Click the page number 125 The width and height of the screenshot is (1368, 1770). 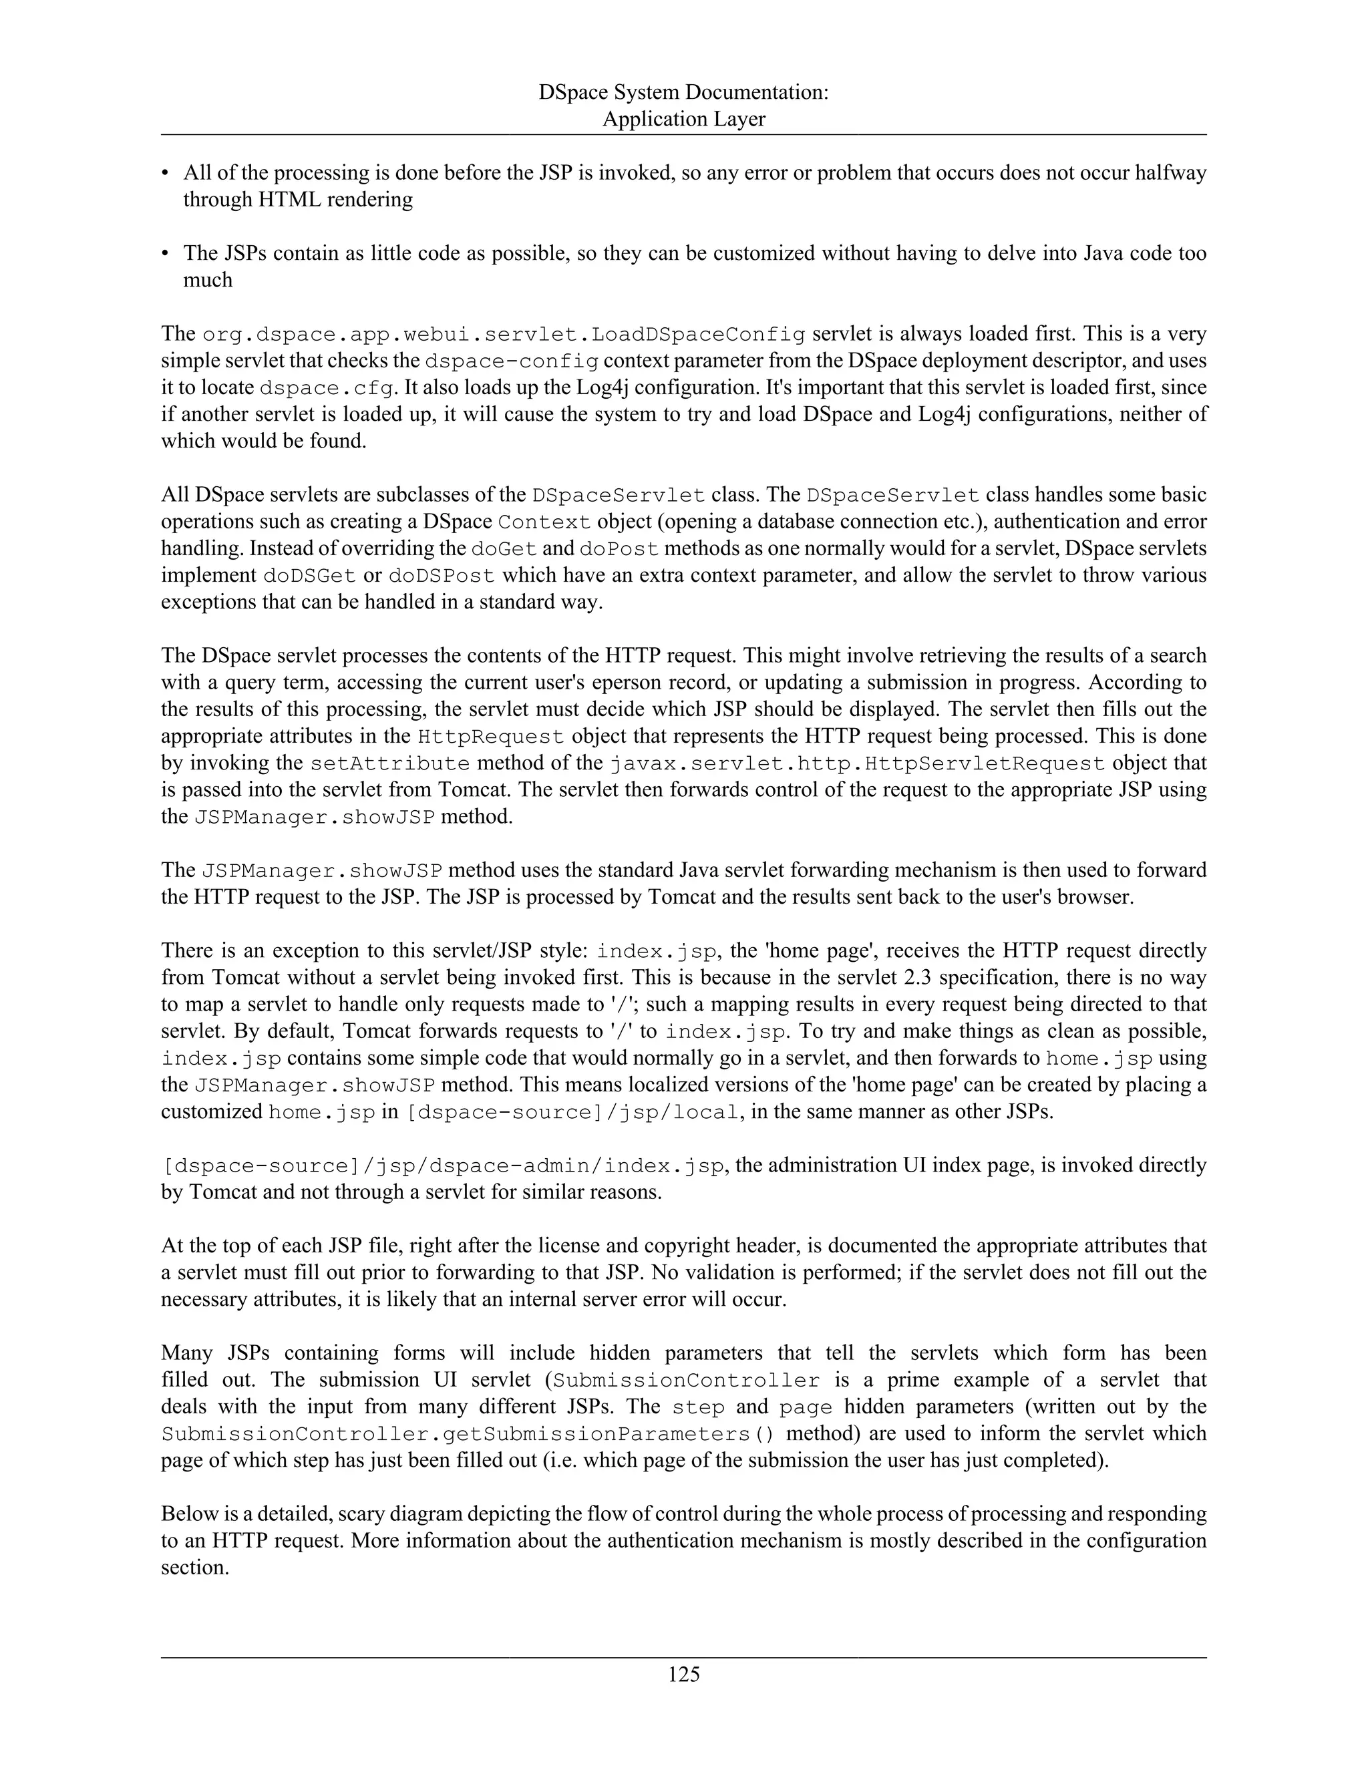click(x=683, y=1674)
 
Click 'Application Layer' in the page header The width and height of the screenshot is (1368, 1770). click(x=683, y=119)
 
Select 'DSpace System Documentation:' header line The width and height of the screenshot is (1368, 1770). click(x=683, y=92)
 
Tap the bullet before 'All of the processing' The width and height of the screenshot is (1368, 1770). click(x=166, y=174)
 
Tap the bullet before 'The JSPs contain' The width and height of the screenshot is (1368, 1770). click(x=166, y=254)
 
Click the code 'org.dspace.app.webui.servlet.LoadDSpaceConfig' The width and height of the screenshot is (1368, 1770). click(x=503, y=335)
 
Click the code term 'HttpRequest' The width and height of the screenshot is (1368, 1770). click(x=490, y=737)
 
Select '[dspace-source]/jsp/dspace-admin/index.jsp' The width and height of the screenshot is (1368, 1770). click(x=442, y=1166)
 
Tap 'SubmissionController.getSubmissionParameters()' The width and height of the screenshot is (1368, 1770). click(x=468, y=1433)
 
